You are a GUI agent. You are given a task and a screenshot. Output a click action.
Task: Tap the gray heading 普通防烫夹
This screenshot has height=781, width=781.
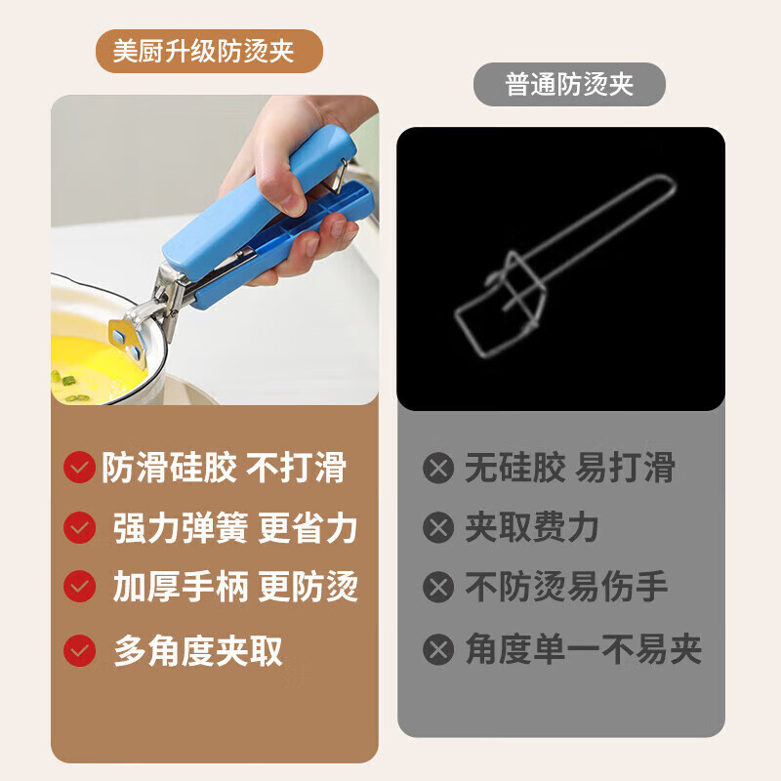569,84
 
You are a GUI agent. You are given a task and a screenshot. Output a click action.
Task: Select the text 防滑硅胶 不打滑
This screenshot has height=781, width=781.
225,468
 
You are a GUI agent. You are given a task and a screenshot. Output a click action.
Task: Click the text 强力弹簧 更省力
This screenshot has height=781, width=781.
235,528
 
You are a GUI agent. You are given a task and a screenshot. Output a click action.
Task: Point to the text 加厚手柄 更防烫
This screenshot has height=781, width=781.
235,588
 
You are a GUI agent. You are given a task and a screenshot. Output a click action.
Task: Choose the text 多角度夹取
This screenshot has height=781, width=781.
198,650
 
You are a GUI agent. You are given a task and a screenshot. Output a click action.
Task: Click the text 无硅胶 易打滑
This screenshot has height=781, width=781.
569,468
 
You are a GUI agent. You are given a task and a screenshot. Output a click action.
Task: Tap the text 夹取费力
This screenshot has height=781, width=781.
532,528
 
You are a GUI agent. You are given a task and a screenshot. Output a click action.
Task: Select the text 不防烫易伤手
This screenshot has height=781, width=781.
567,588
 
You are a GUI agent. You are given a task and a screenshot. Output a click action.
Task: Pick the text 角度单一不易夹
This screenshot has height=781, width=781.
583,649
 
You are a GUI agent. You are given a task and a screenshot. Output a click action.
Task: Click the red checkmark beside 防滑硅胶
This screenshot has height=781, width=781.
79,468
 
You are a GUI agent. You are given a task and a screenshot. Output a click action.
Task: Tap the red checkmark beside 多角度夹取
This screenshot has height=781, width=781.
79,650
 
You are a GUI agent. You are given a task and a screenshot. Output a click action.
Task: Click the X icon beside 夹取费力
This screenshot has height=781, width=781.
438,528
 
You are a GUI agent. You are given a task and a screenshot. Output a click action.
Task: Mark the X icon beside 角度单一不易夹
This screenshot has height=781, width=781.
438,649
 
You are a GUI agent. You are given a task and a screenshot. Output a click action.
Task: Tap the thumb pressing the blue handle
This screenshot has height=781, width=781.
278,190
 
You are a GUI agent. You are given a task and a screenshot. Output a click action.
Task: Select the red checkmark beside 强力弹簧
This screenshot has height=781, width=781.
79,528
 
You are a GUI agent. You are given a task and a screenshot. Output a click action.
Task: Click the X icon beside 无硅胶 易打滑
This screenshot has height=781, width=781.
438,468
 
